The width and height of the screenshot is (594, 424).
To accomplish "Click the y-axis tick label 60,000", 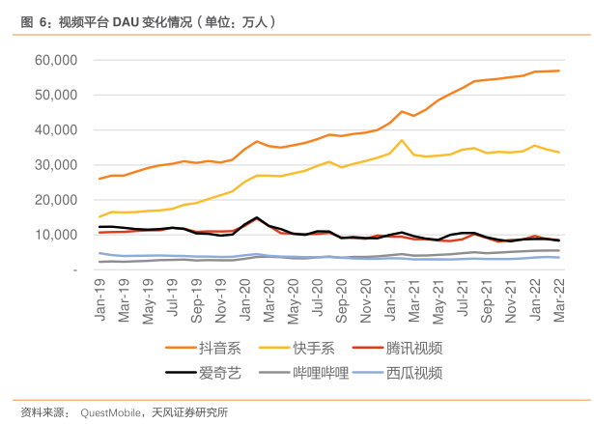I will coord(56,60).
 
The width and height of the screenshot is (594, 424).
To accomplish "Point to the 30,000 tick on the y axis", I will coord(56,165).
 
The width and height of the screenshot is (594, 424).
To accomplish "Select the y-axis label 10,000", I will coord(56,235).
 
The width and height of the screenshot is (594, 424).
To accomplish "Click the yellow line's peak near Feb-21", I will coord(402,140).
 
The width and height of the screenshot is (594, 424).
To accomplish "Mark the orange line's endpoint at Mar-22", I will coord(558,71).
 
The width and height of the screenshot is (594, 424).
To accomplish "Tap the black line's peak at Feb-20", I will coord(257,217).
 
